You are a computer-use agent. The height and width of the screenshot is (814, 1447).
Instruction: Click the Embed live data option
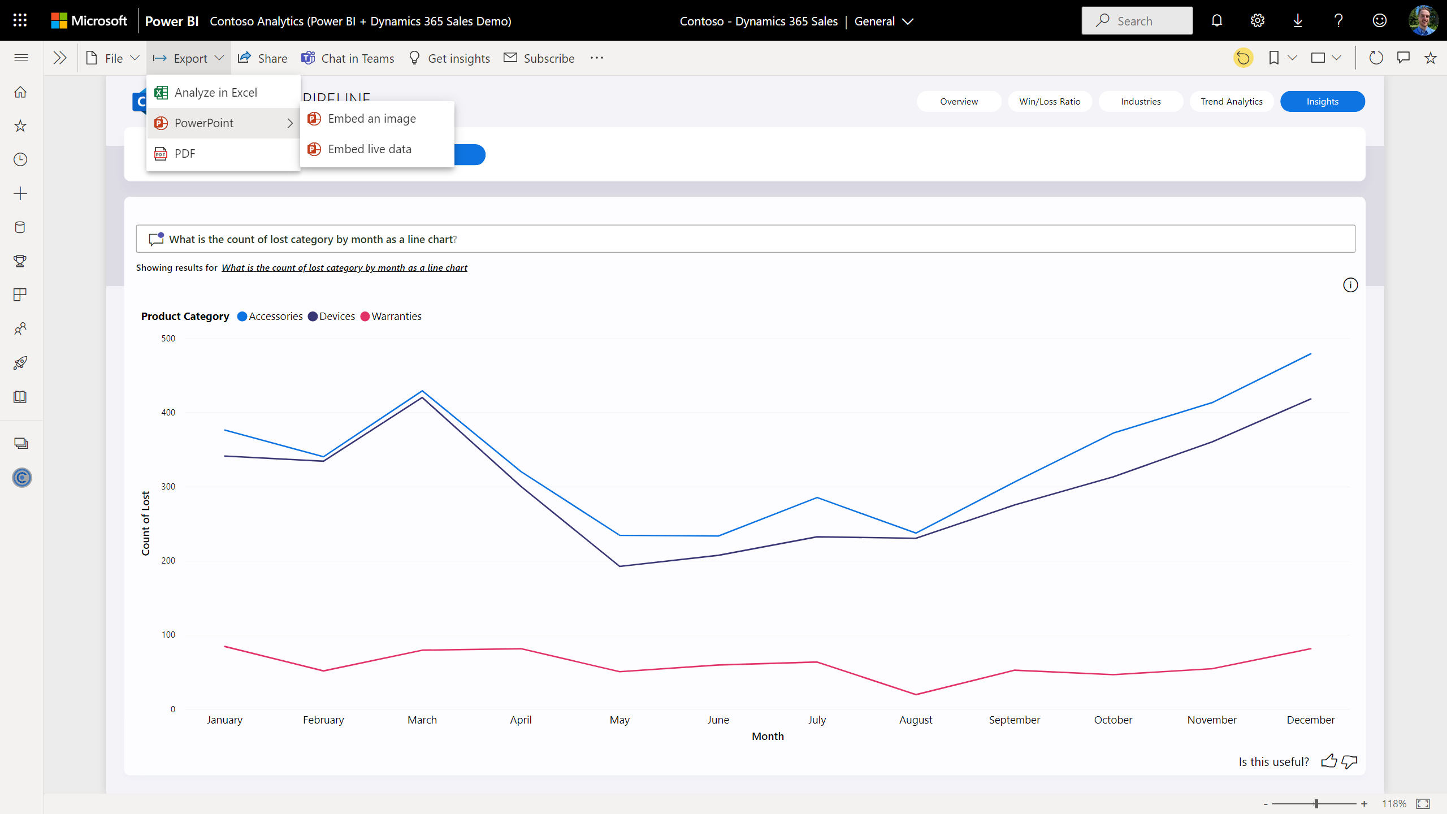click(x=370, y=149)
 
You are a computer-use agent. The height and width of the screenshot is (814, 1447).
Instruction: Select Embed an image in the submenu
click(x=371, y=119)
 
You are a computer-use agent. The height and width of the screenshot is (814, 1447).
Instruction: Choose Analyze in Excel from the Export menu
click(x=215, y=93)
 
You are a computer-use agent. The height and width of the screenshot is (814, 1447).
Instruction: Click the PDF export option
click(x=185, y=154)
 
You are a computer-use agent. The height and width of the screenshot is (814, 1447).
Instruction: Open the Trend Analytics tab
click(x=1231, y=102)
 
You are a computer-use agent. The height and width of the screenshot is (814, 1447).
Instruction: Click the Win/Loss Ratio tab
click(x=1050, y=102)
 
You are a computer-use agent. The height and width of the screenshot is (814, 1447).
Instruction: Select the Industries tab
click(x=1141, y=102)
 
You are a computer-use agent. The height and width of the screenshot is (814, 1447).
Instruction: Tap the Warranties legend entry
click(x=396, y=317)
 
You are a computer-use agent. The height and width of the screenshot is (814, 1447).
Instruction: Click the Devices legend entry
click(x=336, y=317)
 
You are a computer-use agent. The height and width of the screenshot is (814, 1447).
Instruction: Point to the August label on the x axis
click(x=916, y=720)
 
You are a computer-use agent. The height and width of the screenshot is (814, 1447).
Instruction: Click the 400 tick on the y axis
click(x=168, y=413)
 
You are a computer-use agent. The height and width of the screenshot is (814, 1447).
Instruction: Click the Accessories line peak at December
click(x=1310, y=354)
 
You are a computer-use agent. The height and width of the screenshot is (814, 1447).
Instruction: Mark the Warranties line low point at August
click(x=916, y=694)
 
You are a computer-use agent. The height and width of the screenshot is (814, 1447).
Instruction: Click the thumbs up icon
click(x=1329, y=761)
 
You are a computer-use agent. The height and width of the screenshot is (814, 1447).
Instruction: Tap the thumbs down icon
click(x=1349, y=761)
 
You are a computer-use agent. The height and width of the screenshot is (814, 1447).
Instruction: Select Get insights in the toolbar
click(x=449, y=58)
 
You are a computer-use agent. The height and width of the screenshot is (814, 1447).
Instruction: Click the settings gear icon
click(x=1257, y=21)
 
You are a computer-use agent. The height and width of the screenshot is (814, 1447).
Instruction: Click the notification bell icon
click(x=1217, y=21)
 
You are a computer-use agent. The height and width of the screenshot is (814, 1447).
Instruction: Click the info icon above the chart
click(x=1350, y=285)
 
